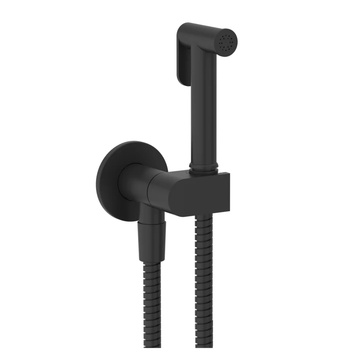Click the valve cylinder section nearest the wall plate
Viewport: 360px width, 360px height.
tap(134, 184)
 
